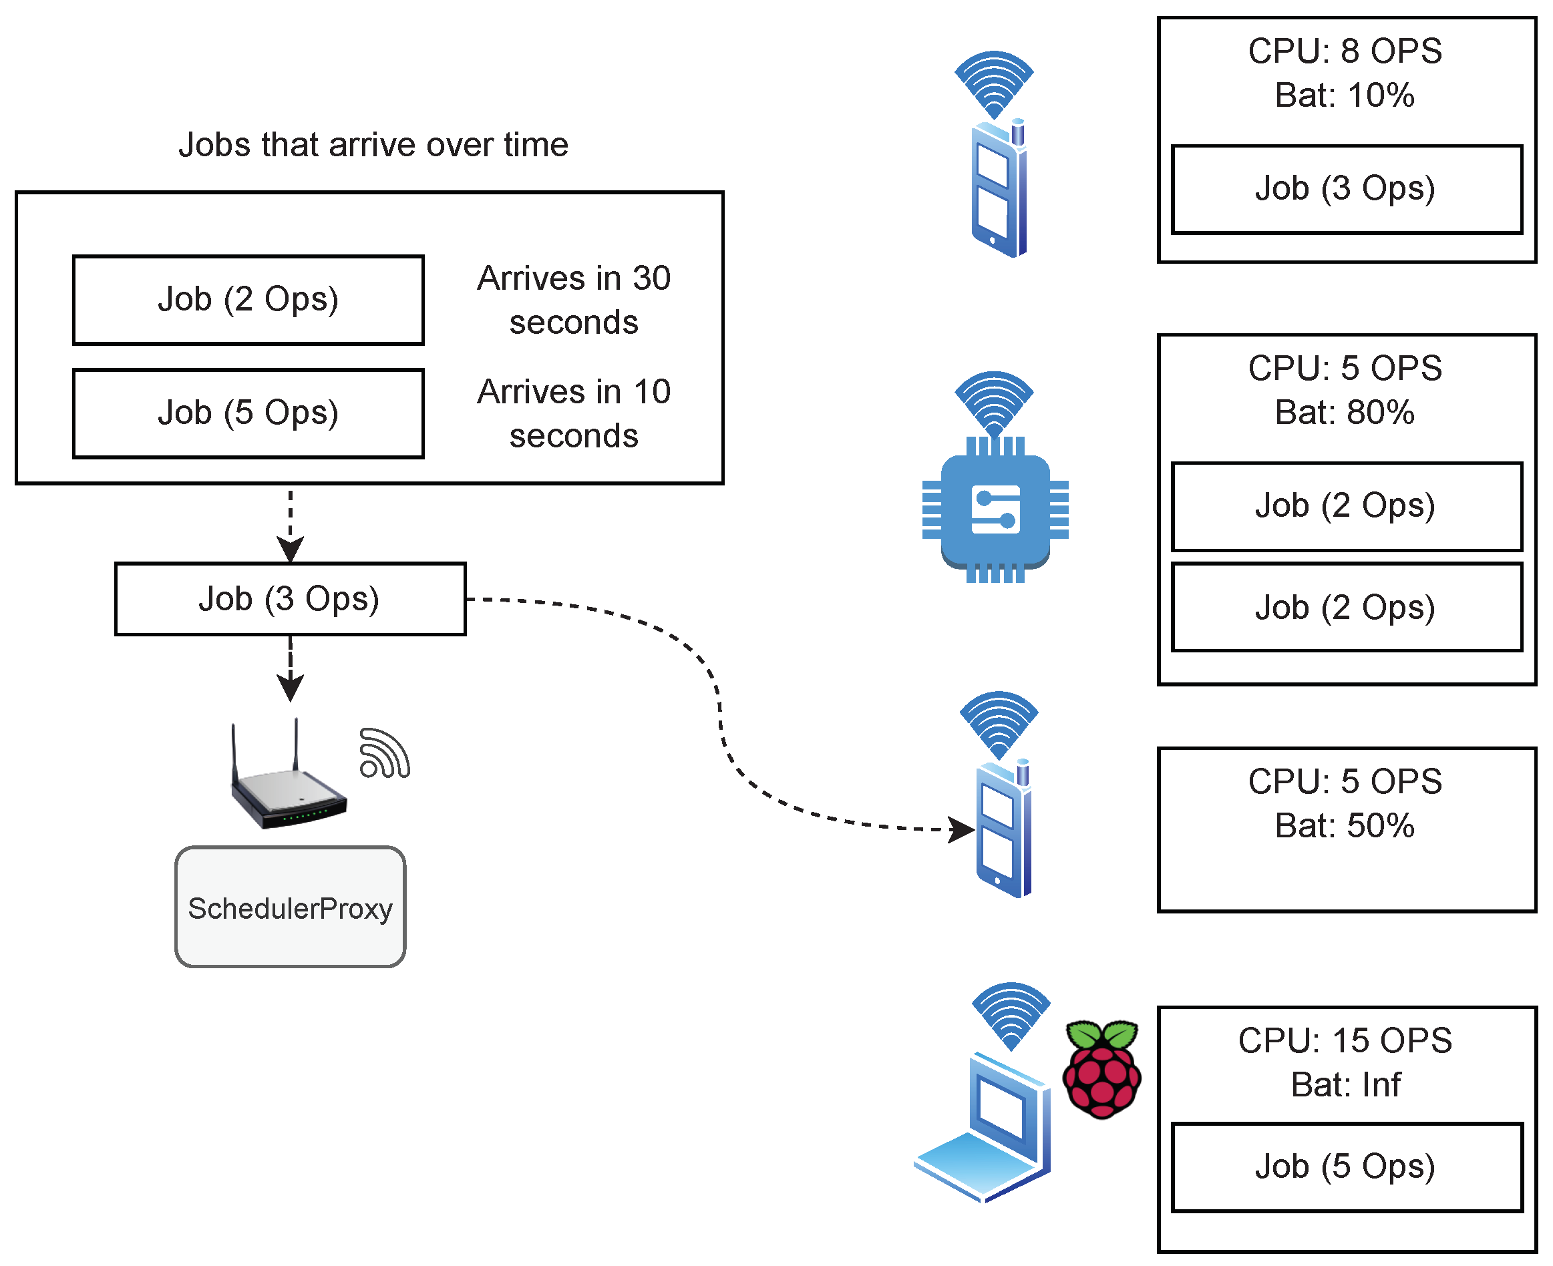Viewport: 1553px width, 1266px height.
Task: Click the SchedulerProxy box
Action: pyautogui.click(x=290, y=907)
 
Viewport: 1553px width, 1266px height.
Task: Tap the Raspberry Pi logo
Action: pyautogui.click(x=1101, y=1069)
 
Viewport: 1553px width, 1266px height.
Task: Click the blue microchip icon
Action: pyautogui.click(x=995, y=509)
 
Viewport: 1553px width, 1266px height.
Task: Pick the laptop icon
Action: pyautogui.click(x=983, y=1130)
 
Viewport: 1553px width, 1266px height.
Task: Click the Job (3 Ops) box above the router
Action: pyautogui.click(x=290, y=599)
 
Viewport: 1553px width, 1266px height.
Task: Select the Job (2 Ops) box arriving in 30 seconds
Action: pyautogui.click(x=248, y=300)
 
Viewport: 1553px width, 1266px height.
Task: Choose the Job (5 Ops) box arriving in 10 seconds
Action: pyautogui.click(x=248, y=413)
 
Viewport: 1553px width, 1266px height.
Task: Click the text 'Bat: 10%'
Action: pyautogui.click(x=1345, y=95)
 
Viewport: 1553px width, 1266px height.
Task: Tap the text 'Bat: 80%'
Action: pyautogui.click(x=1345, y=413)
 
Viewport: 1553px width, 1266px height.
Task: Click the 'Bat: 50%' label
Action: pyautogui.click(x=1345, y=825)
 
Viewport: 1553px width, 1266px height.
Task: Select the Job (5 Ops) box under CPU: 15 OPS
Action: pyautogui.click(x=1346, y=1167)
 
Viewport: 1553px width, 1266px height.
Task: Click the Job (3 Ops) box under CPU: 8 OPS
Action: pyautogui.click(x=1346, y=189)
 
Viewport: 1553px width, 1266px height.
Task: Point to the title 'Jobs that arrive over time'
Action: pyautogui.click(x=373, y=144)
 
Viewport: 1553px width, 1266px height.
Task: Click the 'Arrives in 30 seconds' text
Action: pyautogui.click(x=573, y=300)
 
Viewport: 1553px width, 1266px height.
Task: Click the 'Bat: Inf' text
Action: pyautogui.click(x=1345, y=1084)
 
